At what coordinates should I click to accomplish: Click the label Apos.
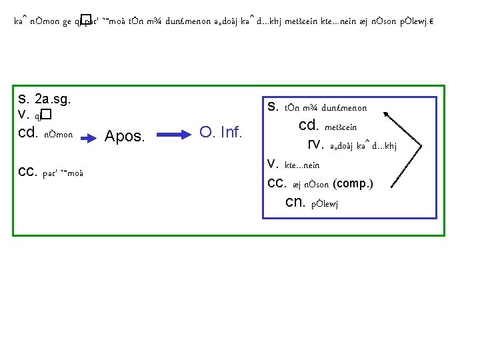pyautogui.click(x=125, y=137)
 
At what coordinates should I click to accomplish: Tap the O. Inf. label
pyautogui.click(x=222, y=133)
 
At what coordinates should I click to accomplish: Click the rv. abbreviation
pyautogui.click(x=315, y=145)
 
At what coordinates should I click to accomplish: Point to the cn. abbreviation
pyautogui.click(x=294, y=202)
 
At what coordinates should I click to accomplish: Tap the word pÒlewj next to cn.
pyautogui.click(x=325, y=203)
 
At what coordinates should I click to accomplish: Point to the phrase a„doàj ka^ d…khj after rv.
pyautogui.click(x=363, y=146)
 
